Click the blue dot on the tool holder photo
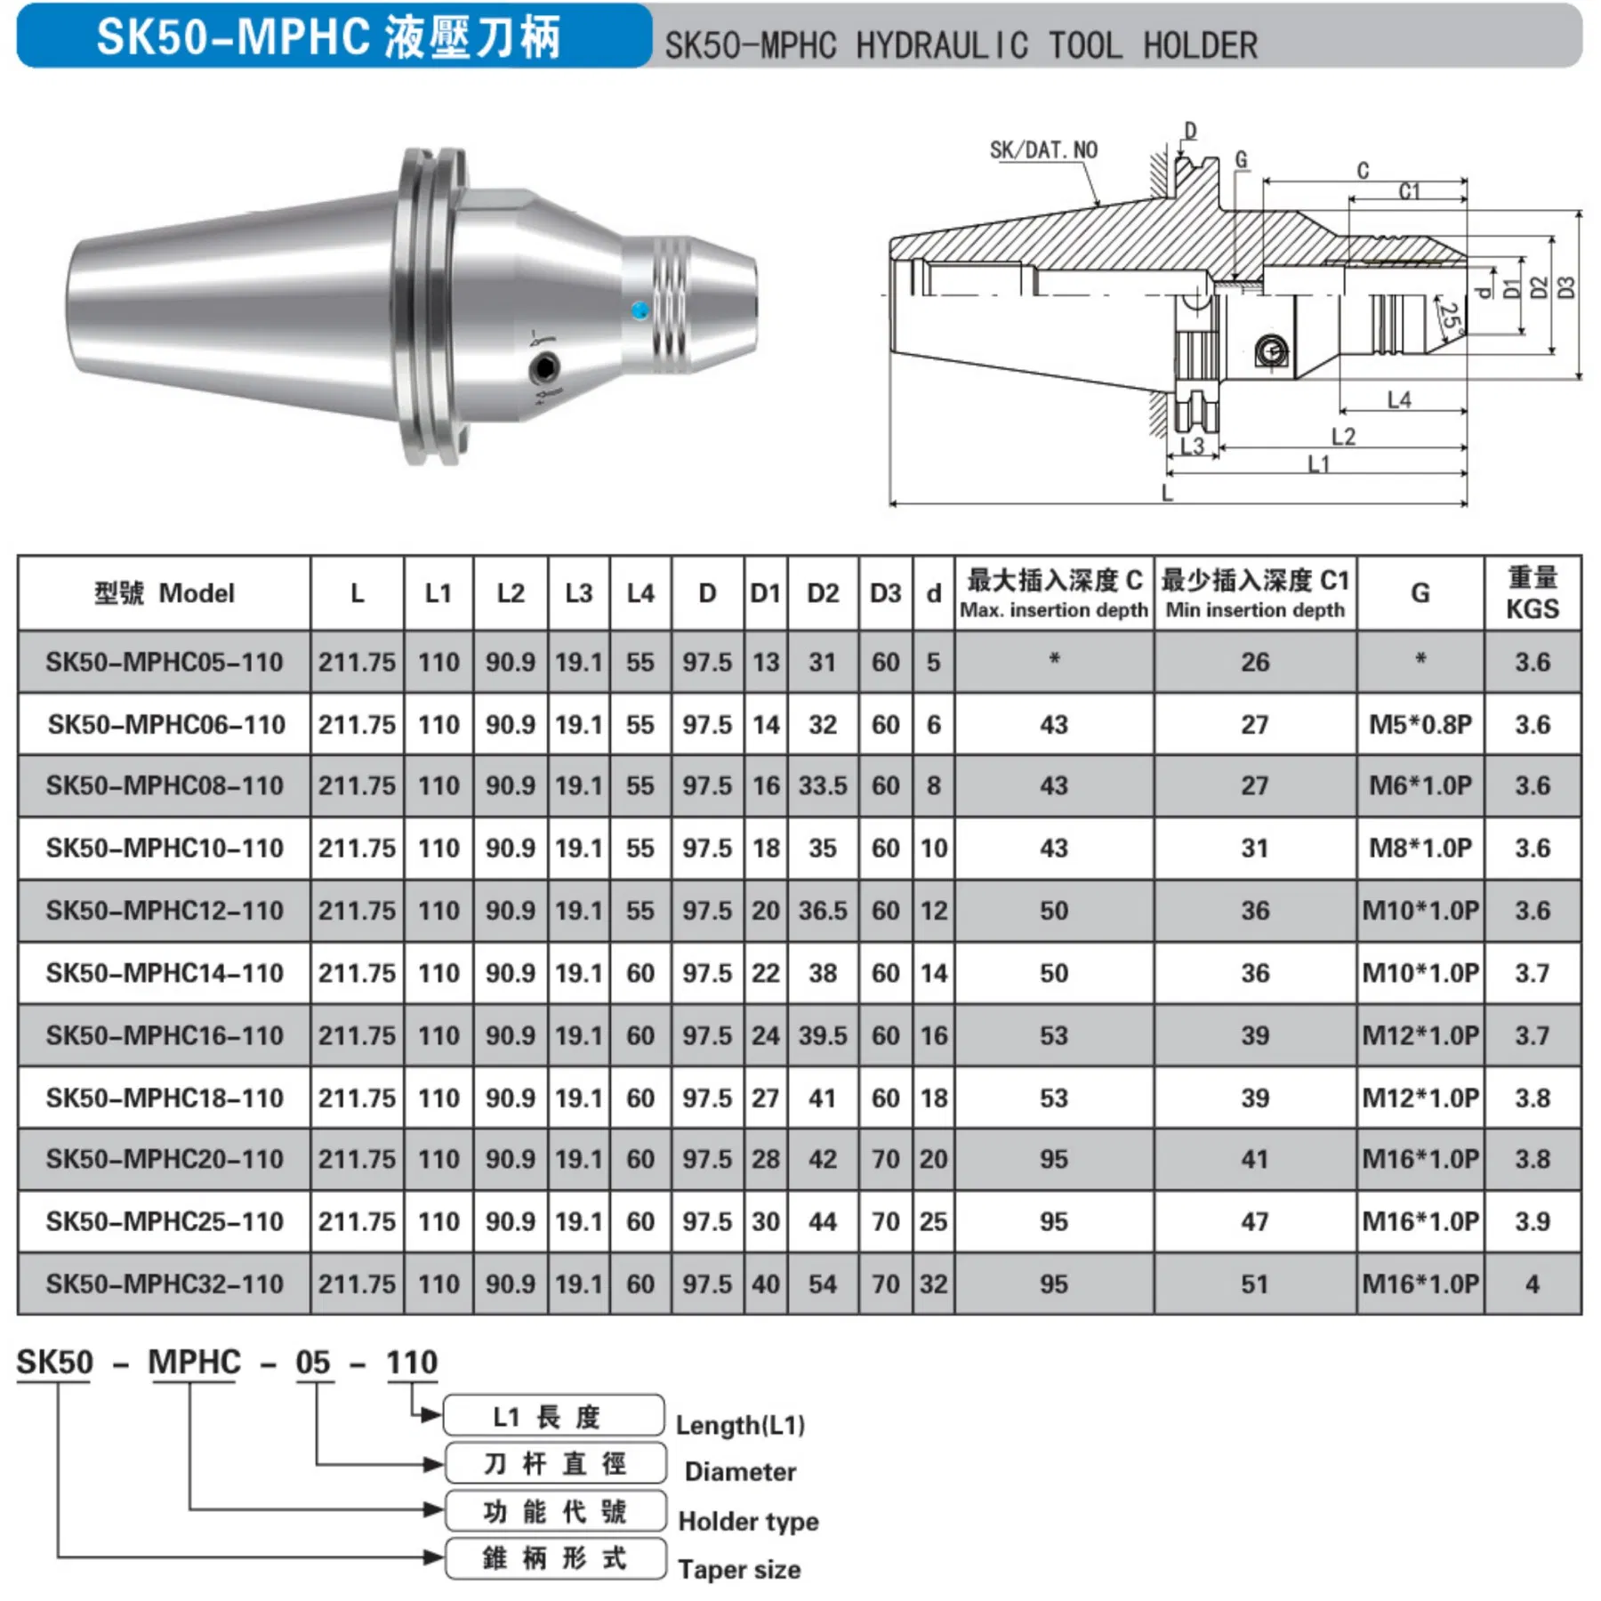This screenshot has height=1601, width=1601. [x=640, y=310]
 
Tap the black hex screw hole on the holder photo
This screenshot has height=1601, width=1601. [x=543, y=366]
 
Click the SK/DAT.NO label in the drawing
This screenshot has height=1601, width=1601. [x=1043, y=149]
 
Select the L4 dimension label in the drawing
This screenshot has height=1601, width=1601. [x=1399, y=399]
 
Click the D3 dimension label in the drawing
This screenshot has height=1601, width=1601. [x=1567, y=288]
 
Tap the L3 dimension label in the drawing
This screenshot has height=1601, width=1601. [x=1192, y=446]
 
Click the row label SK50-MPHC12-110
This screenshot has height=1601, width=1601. [x=165, y=910]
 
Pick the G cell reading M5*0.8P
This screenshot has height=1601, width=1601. [x=1420, y=724]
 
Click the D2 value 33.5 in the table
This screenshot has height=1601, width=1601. [x=822, y=785]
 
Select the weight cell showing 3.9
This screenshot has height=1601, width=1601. [x=1532, y=1221]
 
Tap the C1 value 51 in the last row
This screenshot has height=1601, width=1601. [x=1254, y=1283]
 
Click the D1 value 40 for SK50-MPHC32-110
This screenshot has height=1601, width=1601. [x=765, y=1283]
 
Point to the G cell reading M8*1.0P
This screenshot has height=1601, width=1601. [x=1420, y=848]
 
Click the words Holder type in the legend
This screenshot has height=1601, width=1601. [x=747, y=1522]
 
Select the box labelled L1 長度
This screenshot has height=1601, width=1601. [x=553, y=1416]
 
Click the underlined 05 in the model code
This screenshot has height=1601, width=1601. [x=313, y=1363]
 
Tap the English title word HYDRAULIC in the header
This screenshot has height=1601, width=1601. [x=942, y=45]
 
